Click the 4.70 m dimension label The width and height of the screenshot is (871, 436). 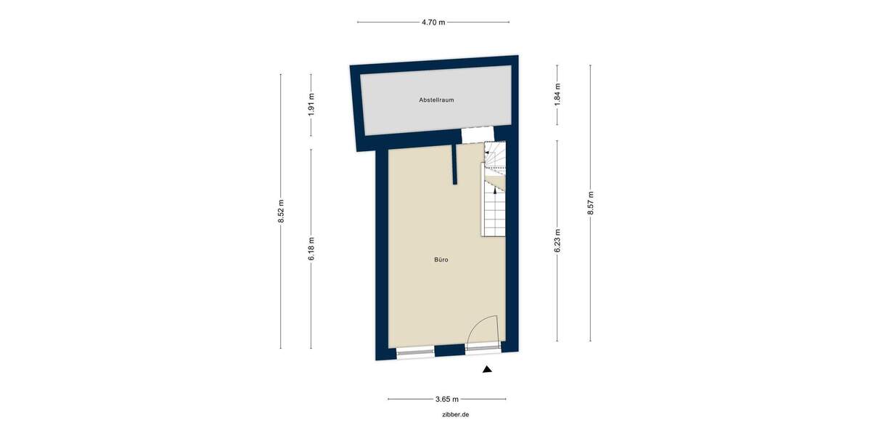coord(433,23)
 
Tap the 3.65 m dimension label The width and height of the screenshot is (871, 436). coord(446,399)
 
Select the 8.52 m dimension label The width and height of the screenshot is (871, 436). coord(281,211)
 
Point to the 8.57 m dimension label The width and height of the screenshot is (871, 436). coord(591,203)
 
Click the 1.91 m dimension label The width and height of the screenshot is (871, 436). coord(311,106)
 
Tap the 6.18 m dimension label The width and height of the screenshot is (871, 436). coord(311,249)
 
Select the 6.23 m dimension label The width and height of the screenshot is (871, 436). coord(557,241)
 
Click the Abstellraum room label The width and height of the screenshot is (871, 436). coord(436,100)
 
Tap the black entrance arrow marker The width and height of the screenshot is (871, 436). coord(487,370)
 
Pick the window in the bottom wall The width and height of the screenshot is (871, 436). coord(415,352)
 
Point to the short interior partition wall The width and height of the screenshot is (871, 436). coord(453,165)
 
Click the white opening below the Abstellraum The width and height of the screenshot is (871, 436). coord(478,134)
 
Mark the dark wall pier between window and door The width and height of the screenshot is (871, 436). coord(449,352)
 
